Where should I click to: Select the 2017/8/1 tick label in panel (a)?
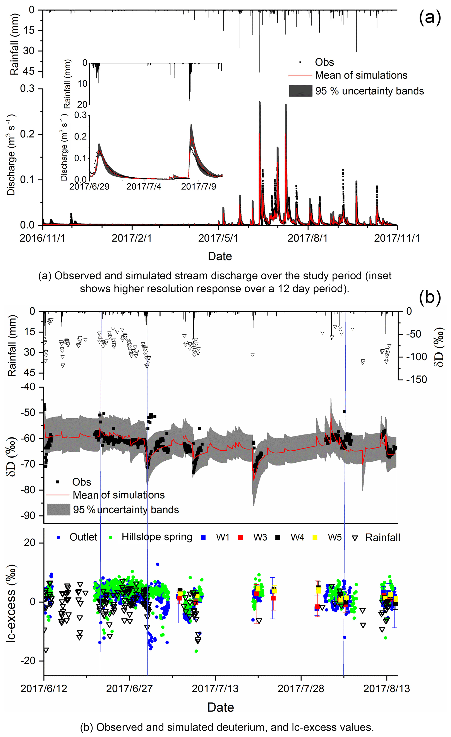(307, 238)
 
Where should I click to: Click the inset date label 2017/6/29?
(89, 187)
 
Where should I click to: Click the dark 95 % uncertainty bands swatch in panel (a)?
(300, 91)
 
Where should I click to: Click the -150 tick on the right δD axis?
(417, 379)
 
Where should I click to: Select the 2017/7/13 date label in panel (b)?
(215, 689)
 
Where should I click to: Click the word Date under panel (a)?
(220, 256)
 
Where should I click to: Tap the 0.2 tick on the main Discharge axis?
(27, 134)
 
